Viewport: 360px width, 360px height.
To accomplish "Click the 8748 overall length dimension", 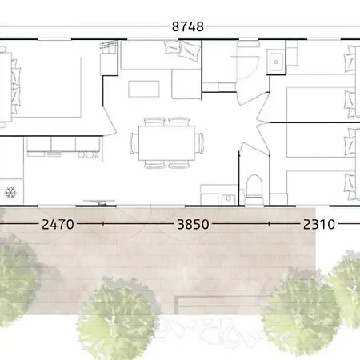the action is pyautogui.click(x=188, y=26).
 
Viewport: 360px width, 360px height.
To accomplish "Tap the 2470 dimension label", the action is pyautogui.click(x=58, y=224).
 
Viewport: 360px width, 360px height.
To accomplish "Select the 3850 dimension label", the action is pyautogui.click(x=194, y=224).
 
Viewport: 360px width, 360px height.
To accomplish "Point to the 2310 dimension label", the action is pyautogui.click(x=319, y=224).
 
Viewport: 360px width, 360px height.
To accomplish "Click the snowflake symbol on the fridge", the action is pyautogui.click(x=10, y=192).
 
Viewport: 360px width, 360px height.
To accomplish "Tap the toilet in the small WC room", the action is pyautogui.click(x=254, y=190).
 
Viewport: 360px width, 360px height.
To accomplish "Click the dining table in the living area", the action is pyautogui.click(x=166, y=143).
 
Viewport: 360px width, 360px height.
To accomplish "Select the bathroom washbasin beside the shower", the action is pyautogui.click(x=276, y=62).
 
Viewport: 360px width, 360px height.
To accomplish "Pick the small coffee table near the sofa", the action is pyautogui.click(x=144, y=89).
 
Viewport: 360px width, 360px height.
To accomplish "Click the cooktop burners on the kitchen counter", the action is pyautogui.click(x=88, y=154).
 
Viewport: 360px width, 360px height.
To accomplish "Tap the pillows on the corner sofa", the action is pyautogui.click(x=182, y=50).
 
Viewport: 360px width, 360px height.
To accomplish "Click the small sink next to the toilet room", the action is pyautogui.click(x=228, y=199).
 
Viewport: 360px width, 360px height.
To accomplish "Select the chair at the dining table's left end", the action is pyautogui.click(x=134, y=143).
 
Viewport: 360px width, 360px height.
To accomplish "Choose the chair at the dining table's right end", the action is pyautogui.click(x=199, y=143).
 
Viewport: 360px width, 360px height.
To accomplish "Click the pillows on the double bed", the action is pyautogui.click(x=15, y=87).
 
